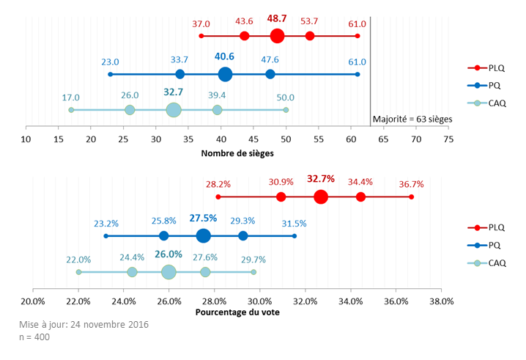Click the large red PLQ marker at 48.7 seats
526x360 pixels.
pyautogui.click(x=277, y=36)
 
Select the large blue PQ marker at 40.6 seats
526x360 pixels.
pyautogui.click(x=225, y=74)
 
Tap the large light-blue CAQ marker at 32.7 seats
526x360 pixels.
pyautogui.click(x=174, y=110)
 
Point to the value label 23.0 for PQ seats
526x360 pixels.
pyautogui.click(x=111, y=62)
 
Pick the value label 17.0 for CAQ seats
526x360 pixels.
pyautogui.click(x=71, y=98)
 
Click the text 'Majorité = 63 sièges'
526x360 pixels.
pyautogui.click(x=412, y=118)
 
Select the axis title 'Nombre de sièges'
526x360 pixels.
pyautogui.click(x=237, y=153)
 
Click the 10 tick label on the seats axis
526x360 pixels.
pyautogui.click(x=26, y=139)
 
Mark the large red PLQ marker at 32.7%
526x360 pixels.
pyautogui.click(x=321, y=196)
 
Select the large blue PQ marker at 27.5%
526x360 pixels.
pyautogui.click(x=204, y=235)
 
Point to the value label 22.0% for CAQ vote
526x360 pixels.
pyautogui.click(x=78, y=260)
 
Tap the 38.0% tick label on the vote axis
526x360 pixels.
pyautogui.click(x=441, y=300)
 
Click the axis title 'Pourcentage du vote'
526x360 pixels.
pyautogui.click(x=237, y=312)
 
